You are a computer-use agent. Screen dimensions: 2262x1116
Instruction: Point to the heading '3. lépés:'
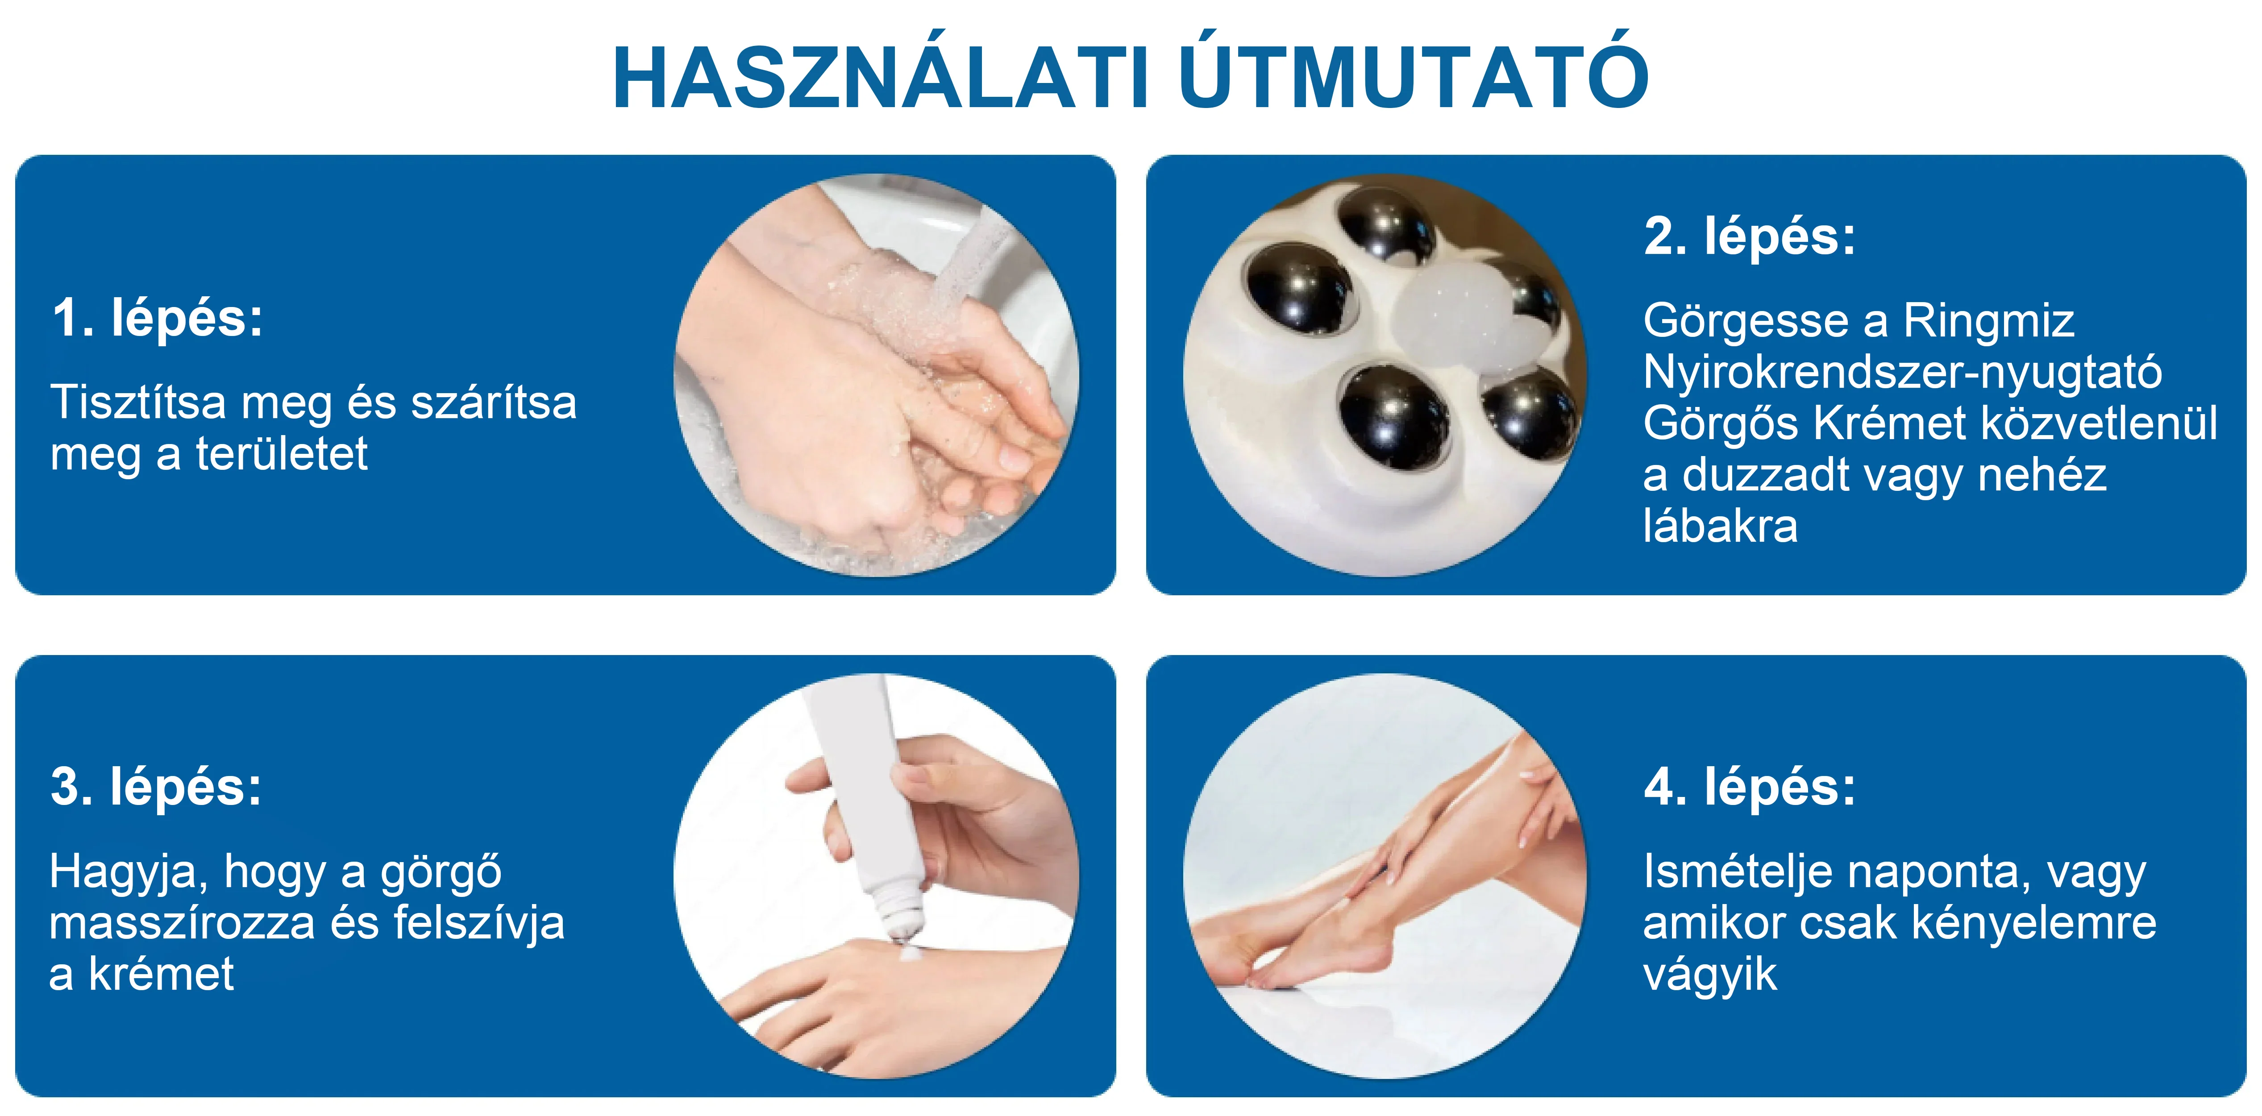click(x=156, y=786)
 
